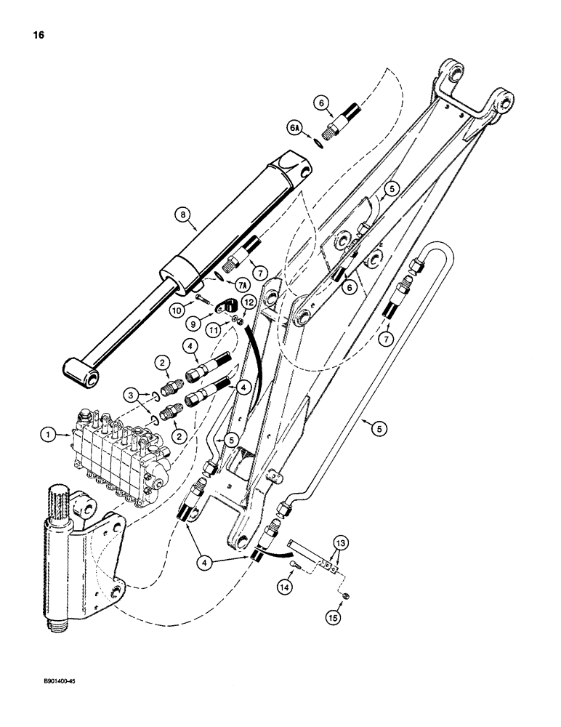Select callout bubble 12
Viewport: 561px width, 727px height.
(x=248, y=302)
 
